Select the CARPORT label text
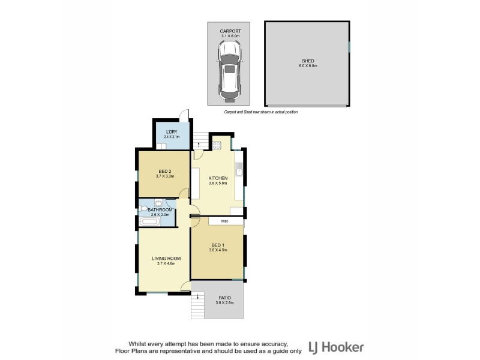tap(230, 31)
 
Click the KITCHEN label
tap(218, 178)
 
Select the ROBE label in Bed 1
tap(224, 221)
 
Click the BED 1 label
tap(218, 245)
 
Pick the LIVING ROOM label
tap(166, 259)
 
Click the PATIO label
tap(224, 298)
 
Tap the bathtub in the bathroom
tap(149, 222)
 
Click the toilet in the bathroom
tap(145, 209)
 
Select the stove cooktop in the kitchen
tap(216, 145)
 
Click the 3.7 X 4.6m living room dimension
tap(166, 264)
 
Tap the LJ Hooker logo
tap(337, 347)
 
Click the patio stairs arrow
tap(197, 295)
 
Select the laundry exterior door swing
tap(185, 115)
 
